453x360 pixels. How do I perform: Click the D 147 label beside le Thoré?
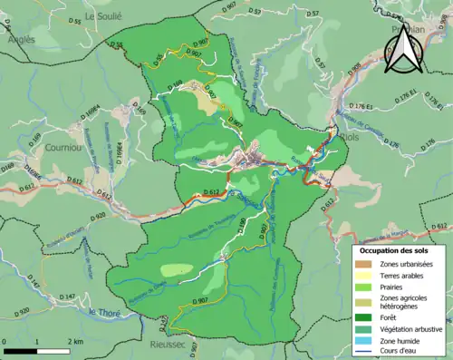click(x=67, y=297)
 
